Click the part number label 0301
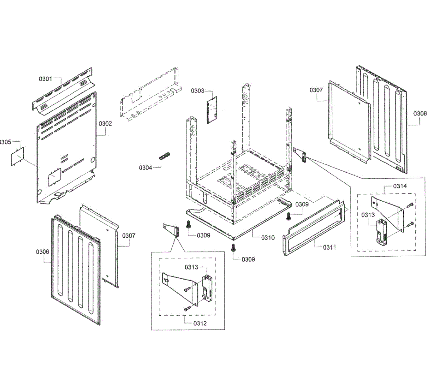(45, 79)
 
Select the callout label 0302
(105, 124)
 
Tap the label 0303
(197, 91)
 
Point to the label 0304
(146, 167)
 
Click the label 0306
(43, 252)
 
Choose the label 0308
(420, 114)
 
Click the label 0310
(268, 237)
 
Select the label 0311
(329, 247)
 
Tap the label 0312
(200, 323)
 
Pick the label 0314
(400, 186)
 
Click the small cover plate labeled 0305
(16, 156)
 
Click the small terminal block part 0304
(164, 156)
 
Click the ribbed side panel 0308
(383, 118)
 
